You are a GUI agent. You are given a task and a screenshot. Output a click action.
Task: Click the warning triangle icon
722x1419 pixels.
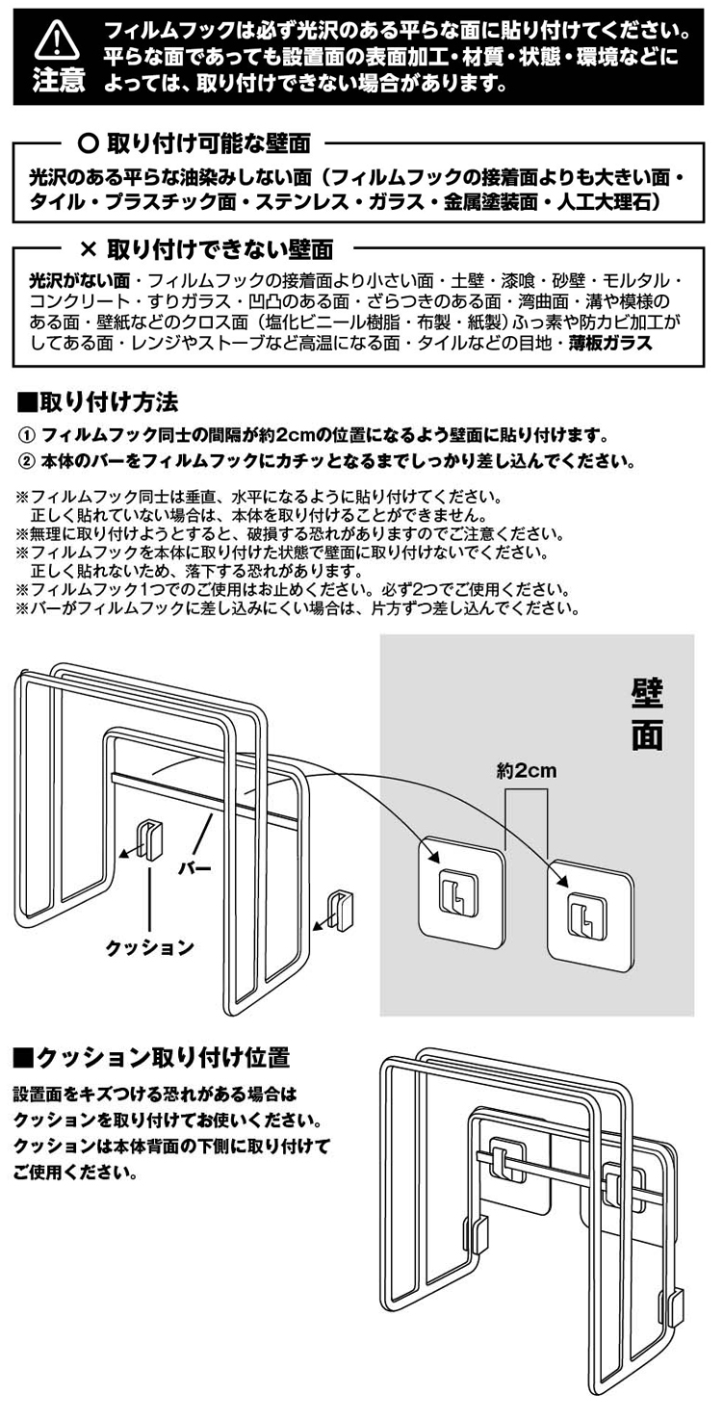58,40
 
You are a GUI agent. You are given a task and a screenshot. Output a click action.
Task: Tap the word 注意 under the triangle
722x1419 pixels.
59,81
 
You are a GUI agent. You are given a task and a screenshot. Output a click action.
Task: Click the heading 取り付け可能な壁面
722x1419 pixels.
208,143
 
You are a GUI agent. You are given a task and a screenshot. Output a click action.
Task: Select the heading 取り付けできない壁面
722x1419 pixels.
219,249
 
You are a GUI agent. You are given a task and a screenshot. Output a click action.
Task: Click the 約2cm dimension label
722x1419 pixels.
527,771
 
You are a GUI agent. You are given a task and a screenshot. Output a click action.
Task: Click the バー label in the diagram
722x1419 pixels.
194,867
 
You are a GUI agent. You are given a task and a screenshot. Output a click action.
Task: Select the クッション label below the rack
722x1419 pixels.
149,947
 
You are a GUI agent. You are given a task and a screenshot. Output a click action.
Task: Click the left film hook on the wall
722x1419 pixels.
461,892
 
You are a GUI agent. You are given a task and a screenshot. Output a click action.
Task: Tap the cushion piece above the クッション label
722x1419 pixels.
151,838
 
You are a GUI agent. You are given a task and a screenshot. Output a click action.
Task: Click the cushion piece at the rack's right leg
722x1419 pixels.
340,911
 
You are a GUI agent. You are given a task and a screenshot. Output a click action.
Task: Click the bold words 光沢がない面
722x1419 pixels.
79,281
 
